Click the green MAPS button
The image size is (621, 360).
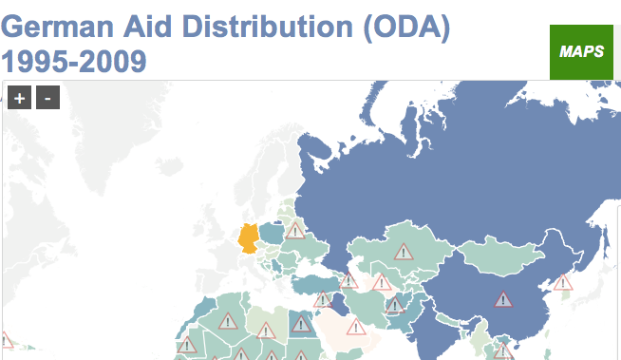coord(582,51)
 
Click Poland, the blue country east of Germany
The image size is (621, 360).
coord(273,234)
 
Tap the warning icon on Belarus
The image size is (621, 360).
coord(295,230)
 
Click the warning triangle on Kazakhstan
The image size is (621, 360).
coord(405,252)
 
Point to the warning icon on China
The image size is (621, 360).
coord(502,299)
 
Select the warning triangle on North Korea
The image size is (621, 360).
coord(563,282)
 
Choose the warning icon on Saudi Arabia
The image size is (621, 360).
coord(356,328)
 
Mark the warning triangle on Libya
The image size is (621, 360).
coord(266,331)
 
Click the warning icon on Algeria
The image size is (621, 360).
coord(227,321)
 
